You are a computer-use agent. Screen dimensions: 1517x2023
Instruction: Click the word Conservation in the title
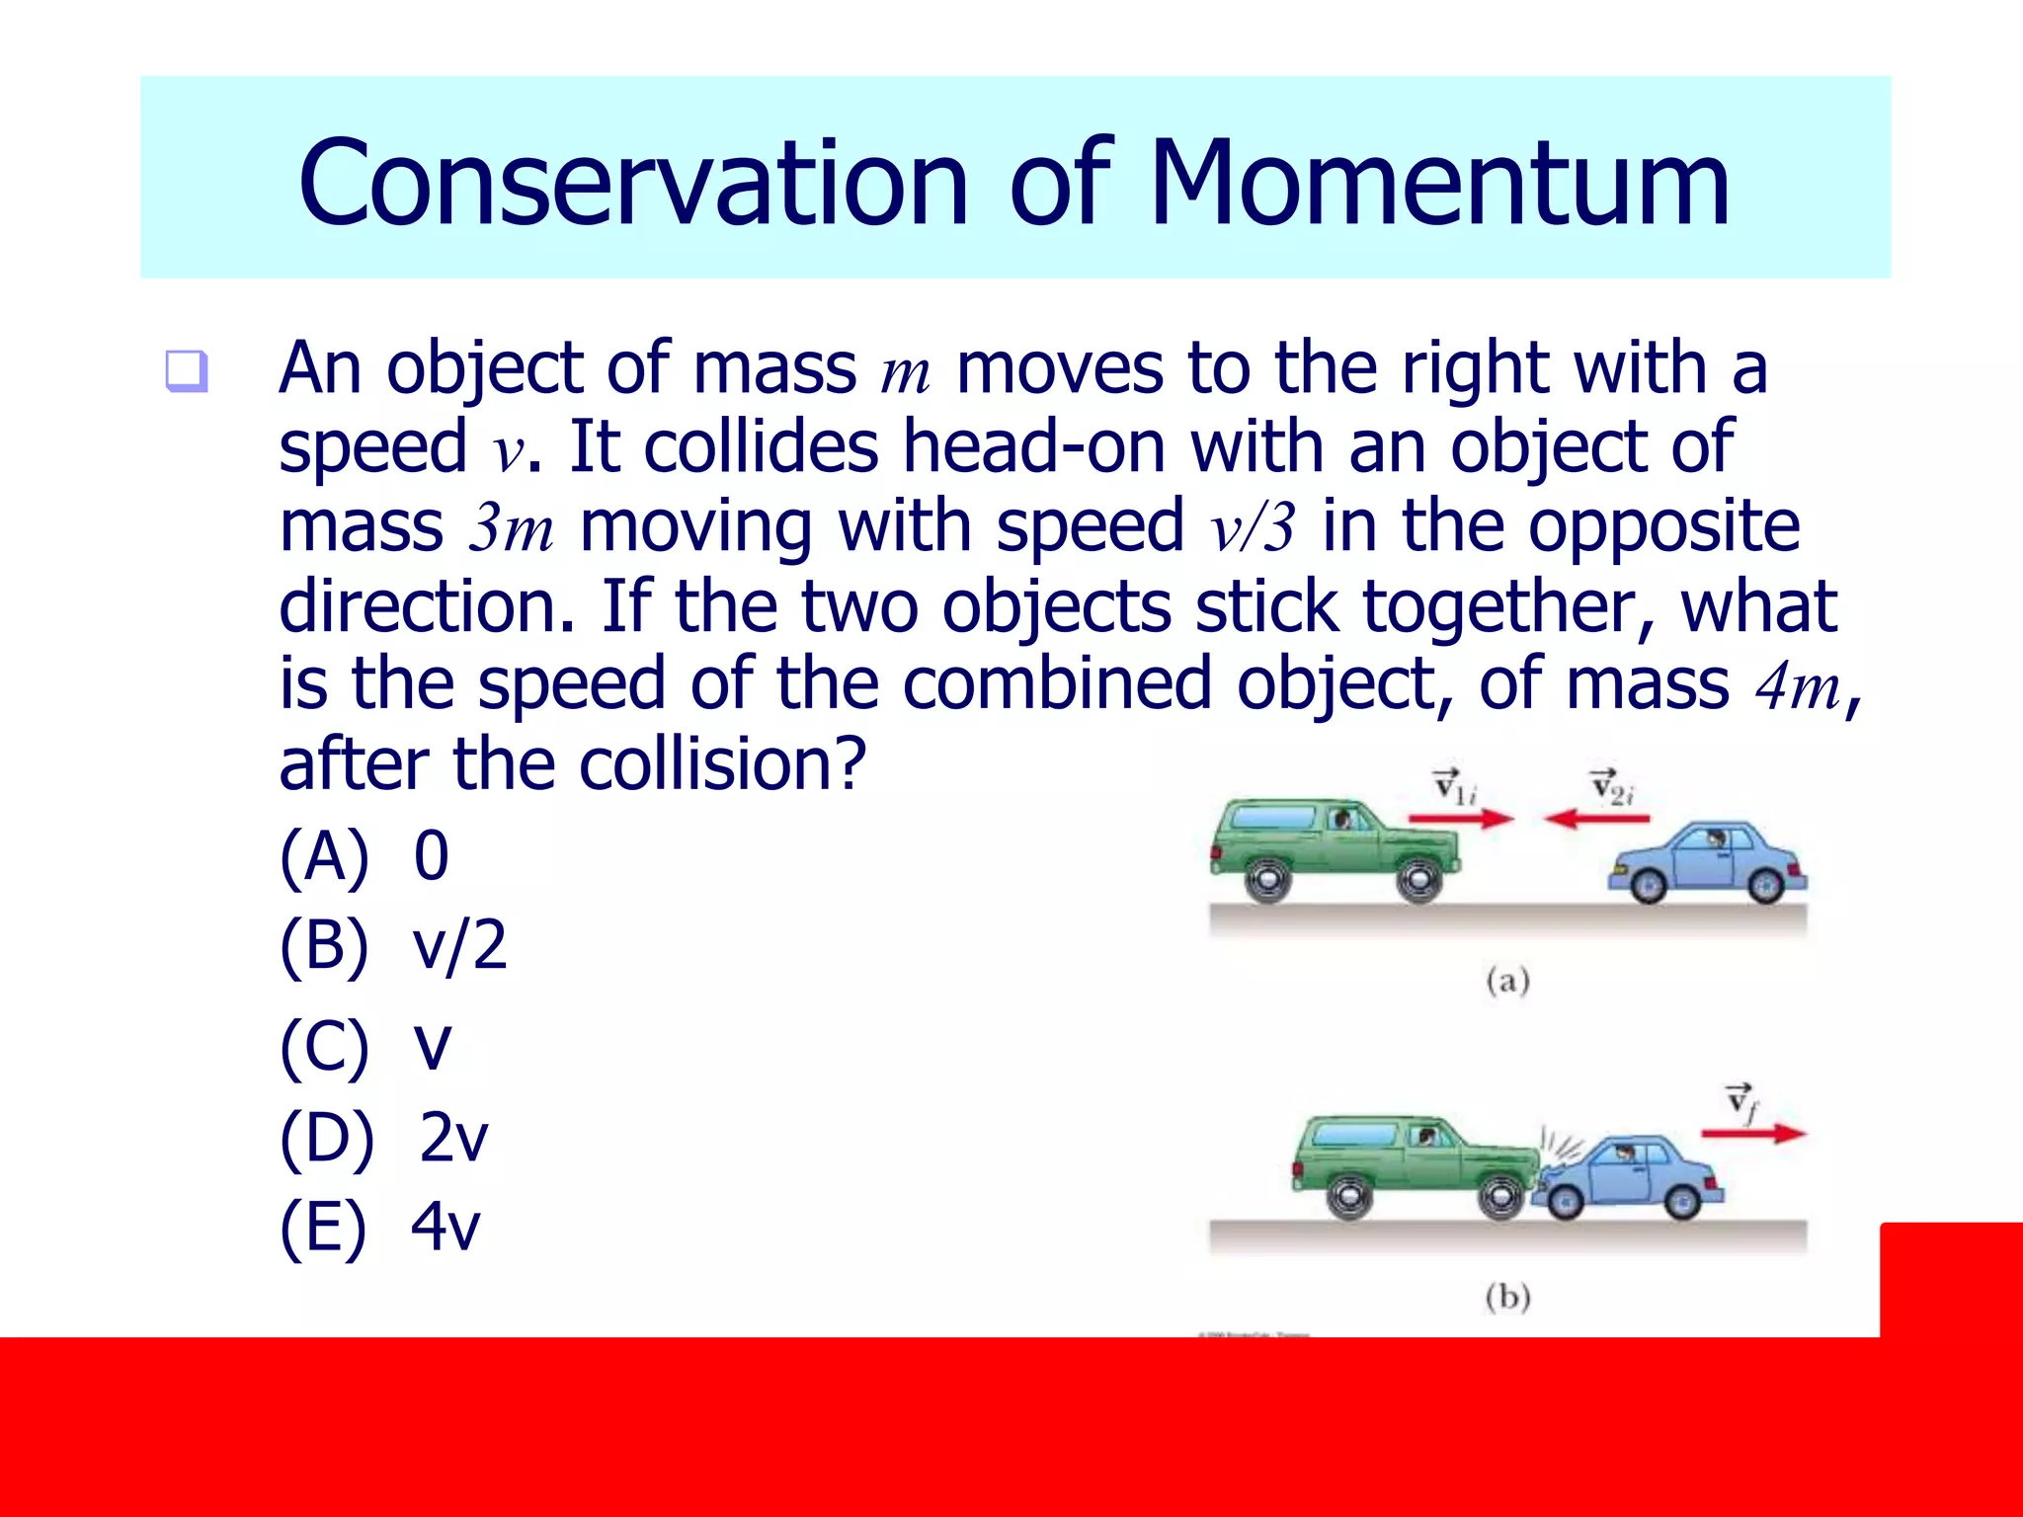(633, 185)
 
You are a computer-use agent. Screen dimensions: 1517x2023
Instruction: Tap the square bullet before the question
(186, 371)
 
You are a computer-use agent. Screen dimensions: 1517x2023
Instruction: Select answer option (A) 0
(364, 855)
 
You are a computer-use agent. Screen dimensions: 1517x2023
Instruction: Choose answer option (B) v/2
(393, 945)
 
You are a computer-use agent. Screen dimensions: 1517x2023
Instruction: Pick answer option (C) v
(365, 1046)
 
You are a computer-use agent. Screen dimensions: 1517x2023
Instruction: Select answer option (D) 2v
(384, 1137)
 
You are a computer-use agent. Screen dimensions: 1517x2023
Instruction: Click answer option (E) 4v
(380, 1227)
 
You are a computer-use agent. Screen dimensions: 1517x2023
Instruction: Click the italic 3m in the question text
(511, 527)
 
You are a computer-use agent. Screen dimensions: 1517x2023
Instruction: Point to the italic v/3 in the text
(1252, 527)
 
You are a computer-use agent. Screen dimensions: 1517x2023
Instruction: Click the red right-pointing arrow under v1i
(1461, 818)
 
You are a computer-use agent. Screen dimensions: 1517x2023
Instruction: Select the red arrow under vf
(1753, 1134)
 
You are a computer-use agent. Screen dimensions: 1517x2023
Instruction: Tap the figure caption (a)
(1507, 981)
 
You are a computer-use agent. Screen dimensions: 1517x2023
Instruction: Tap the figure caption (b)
(1507, 1296)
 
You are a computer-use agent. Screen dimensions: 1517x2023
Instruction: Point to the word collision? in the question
(722, 765)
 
